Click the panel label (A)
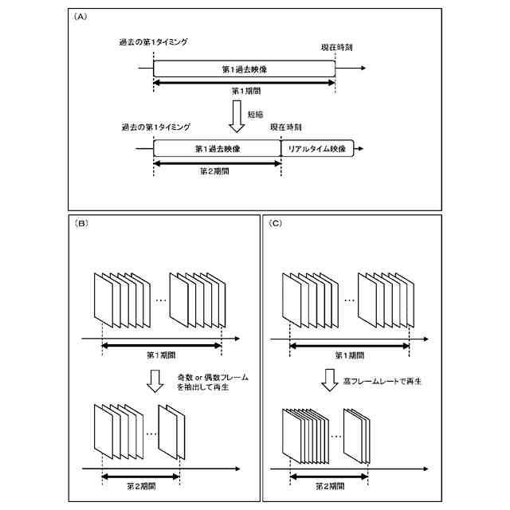[x=79, y=17]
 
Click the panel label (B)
[x=79, y=224]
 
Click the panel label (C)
[x=276, y=224]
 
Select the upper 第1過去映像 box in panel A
[x=244, y=69]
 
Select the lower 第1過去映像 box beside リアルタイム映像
[x=217, y=149]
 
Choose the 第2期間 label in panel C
[x=328, y=484]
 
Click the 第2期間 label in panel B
[x=143, y=484]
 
